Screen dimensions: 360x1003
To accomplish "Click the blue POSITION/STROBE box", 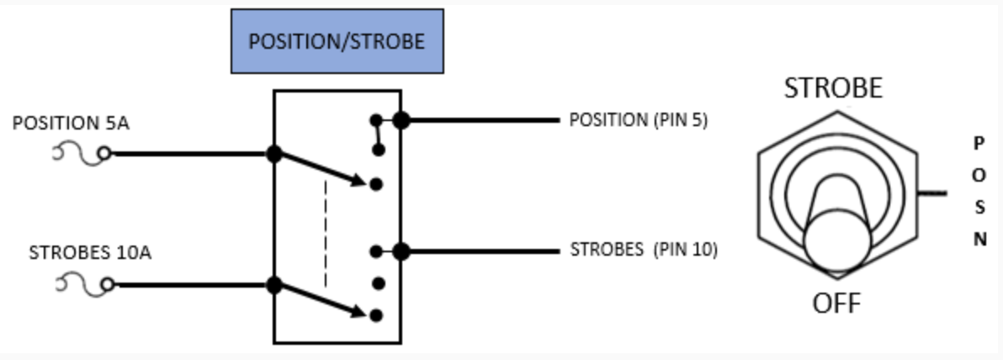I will pyautogui.click(x=337, y=41).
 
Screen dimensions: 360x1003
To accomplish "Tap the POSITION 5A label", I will pyautogui.click(x=72, y=124).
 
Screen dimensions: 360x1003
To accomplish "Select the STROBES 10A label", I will pyautogui.click(x=90, y=252).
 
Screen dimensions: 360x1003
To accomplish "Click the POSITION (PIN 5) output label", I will pyautogui.click(x=639, y=119).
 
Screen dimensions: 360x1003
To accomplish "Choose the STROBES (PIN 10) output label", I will pyautogui.click(x=644, y=250).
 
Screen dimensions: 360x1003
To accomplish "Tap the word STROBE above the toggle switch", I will pyautogui.click(x=833, y=88).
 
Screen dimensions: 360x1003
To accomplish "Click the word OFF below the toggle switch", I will pyautogui.click(x=836, y=302).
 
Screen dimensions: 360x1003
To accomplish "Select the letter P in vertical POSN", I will pyautogui.click(x=979, y=143).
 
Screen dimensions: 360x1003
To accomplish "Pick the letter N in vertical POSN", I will pyautogui.click(x=979, y=239).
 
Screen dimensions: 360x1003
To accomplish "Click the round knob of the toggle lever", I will pyautogui.click(x=836, y=240).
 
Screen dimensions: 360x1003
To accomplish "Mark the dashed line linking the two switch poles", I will pyautogui.click(x=326, y=232).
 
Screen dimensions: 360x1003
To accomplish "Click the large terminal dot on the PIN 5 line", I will pyautogui.click(x=401, y=120).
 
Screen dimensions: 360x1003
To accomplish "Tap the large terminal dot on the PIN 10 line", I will pyautogui.click(x=401, y=251).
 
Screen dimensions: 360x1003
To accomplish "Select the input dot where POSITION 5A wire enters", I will pyautogui.click(x=273, y=153).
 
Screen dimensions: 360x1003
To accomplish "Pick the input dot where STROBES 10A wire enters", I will pyautogui.click(x=273, y=284).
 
